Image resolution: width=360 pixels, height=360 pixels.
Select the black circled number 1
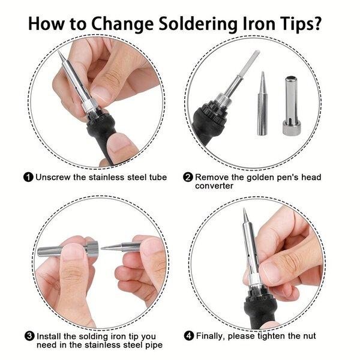(x=28, y=178)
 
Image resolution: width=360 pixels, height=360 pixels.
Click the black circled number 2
(x=188, y=178)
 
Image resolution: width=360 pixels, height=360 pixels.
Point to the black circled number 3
(x=29, y=337)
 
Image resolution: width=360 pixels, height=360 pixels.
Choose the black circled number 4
(x=189, y=336)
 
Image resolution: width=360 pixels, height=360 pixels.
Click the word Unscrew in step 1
(x=53, y=177)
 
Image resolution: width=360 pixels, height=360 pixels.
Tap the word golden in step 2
(x=262, y=178)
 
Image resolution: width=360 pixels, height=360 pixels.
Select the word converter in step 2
(x=214, y=186)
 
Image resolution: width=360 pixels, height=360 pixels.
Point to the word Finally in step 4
(x=211, y=336)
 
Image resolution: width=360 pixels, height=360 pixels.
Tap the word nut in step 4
(x=309, y=336)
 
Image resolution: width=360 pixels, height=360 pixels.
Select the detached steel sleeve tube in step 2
(x=290, y=106)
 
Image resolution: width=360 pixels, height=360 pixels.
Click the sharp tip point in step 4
(x=244, y=208)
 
